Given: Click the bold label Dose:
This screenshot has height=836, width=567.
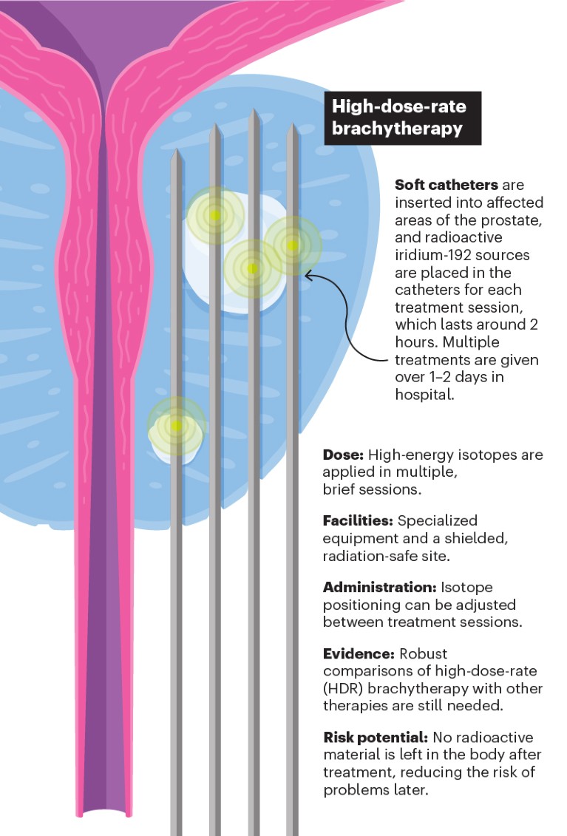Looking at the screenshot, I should pyautogui.click(x=343, y=455).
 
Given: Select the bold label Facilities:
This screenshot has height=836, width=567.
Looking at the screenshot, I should pyautogui.click(x=358, y=520).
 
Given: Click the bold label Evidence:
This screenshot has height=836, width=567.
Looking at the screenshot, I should pyautogui.click(x=359, y=654).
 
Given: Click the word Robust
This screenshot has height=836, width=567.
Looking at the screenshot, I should pyautogui.click(x=424, y=654).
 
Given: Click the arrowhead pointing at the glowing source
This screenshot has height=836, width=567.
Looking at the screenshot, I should pyautogui.click(x=308, y=276).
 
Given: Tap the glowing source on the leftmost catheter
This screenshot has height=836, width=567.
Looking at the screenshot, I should pyautogui.click(x=176, y=426).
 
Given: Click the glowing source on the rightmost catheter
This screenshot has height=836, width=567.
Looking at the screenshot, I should pyautogui.click(x=293, y=245).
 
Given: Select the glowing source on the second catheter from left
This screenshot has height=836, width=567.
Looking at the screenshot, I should pyautogui.click(x=214, y=215).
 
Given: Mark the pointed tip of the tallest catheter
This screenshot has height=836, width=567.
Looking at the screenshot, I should pyautogui.click(x=254, y=112).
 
